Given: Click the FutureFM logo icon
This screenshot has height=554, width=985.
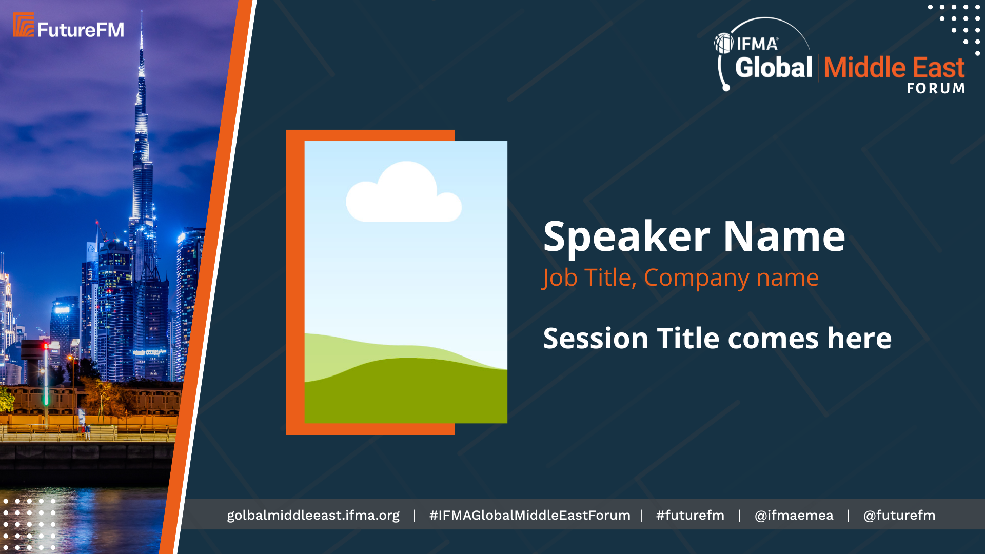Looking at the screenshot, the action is tap(24, 25).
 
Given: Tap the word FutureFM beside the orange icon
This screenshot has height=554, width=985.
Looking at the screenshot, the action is tap(81, 30).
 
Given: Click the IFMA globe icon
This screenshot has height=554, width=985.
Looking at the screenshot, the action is tap(724, 44).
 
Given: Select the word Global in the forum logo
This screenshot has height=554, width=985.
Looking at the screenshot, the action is tap(774, 67).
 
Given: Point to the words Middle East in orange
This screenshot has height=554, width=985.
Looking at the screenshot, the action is tap(894, 67).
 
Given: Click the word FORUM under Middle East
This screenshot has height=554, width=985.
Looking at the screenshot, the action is tap(936, 88).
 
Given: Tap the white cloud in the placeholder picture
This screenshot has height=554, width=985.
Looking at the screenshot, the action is tap(404, 192).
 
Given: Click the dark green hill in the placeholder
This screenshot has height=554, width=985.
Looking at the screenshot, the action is tap(406, 391).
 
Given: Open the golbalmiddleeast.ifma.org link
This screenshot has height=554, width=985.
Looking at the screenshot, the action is tap(313, 516).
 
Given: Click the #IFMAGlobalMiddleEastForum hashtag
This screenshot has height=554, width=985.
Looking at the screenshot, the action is tap(529, 515).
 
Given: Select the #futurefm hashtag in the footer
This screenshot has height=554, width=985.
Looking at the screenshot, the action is tap(690, 515).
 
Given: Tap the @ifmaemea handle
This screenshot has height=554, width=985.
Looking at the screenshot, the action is tap(794, 515).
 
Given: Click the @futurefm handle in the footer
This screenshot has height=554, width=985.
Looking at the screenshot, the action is tap(899, 515).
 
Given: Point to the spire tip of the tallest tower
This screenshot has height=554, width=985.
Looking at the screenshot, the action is tap(142, 11).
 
